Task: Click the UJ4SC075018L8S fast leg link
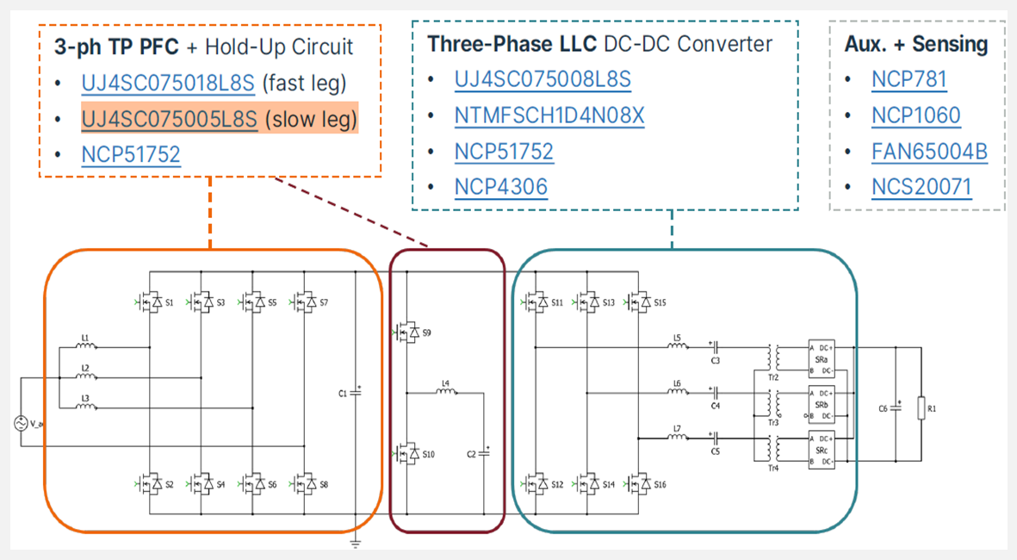coord(168,84)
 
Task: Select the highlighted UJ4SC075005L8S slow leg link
coord(170,119)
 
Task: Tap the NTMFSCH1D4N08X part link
coord(549,115)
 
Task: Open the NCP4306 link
coord(500,186)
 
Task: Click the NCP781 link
coord(908,80)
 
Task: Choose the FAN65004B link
coord(929,152)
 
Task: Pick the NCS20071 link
coord(921,187)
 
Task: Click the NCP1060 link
coord(915,115)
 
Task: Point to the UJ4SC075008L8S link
coord(543,80)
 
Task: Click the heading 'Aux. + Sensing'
coord(915,45)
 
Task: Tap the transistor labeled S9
coord(405,332)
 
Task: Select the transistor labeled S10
coord(405,453)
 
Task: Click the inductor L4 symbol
coord(446,392)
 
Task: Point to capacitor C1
coord(356,392)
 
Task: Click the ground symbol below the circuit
coord(356,543)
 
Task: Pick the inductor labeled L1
coord(86,347)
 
